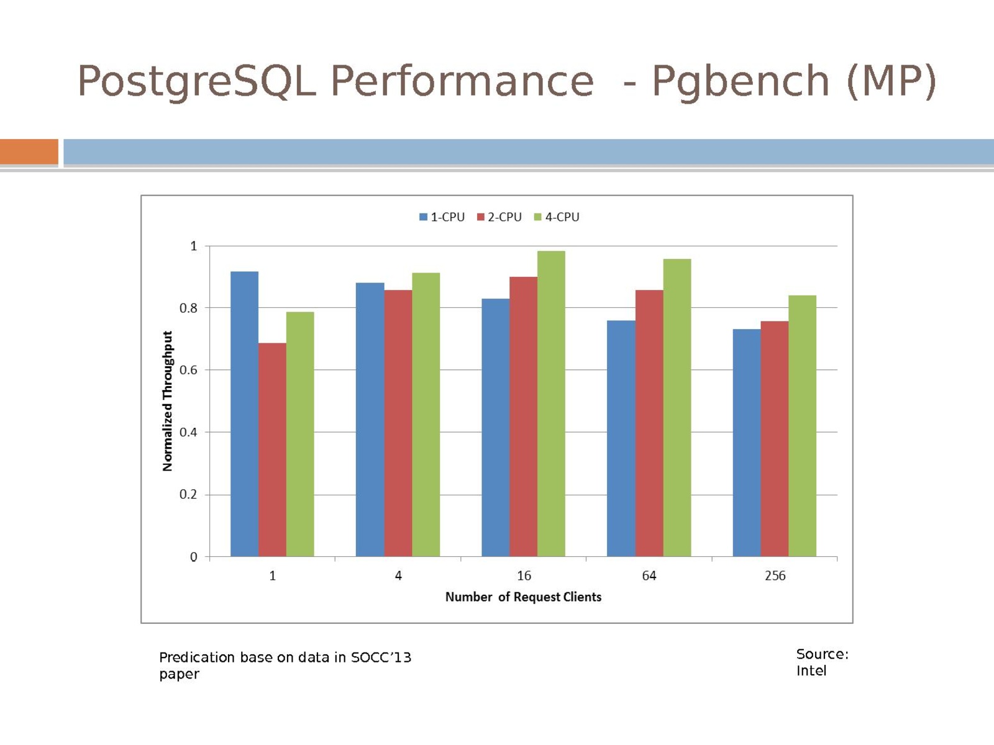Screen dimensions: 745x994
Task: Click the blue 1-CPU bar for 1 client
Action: [244, 413]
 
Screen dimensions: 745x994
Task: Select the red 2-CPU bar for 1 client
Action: [272, 449]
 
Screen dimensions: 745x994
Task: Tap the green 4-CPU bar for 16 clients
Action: [551, 404]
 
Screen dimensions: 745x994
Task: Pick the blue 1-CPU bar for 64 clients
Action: [621, 438]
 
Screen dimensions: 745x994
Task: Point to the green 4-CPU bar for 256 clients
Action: [802, 426]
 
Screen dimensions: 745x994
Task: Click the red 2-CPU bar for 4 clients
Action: [398, 423]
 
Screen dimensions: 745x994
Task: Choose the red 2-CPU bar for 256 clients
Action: [774, 439]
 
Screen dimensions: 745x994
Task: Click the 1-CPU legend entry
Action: [442, 217]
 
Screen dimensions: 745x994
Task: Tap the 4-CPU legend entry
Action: [557, 217]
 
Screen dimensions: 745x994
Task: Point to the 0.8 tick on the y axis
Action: [188, 308]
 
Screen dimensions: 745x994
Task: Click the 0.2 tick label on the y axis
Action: [188, 495]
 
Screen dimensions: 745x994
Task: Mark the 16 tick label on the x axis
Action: [524, 576]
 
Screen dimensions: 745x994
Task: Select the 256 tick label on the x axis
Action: [775, 576]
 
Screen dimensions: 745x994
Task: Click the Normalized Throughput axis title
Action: [167, 401]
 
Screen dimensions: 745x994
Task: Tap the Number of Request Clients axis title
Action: [523, 597]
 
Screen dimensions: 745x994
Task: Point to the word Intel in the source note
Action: [811, 670]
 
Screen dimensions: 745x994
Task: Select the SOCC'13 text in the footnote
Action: [381, 657]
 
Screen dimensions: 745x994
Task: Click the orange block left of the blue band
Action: [29, 152]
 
